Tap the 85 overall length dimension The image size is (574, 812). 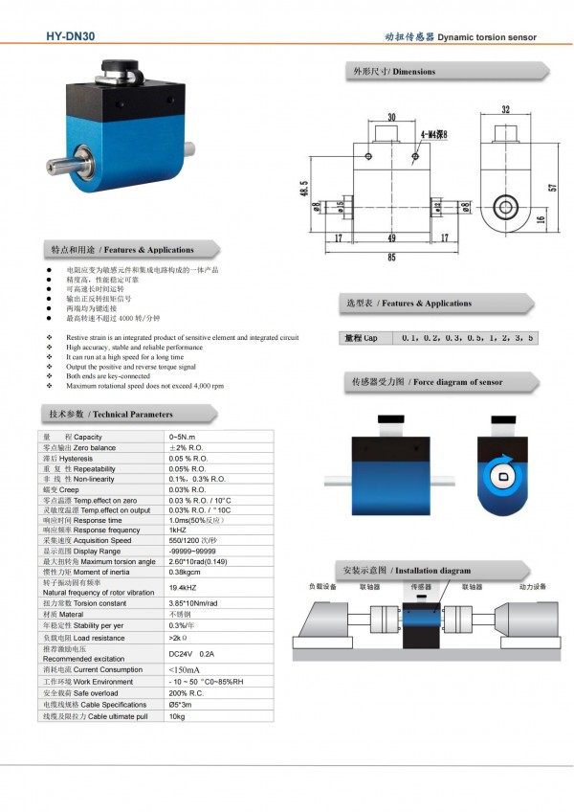[x=391, y=256]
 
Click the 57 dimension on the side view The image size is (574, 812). [x=552, y=188]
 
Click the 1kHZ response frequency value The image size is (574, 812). [x=178, y=530]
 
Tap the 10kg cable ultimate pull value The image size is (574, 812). [x=177, y=715]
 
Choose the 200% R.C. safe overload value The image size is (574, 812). [x=185, y=691]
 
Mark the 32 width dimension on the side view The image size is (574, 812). [x=504, y=109]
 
